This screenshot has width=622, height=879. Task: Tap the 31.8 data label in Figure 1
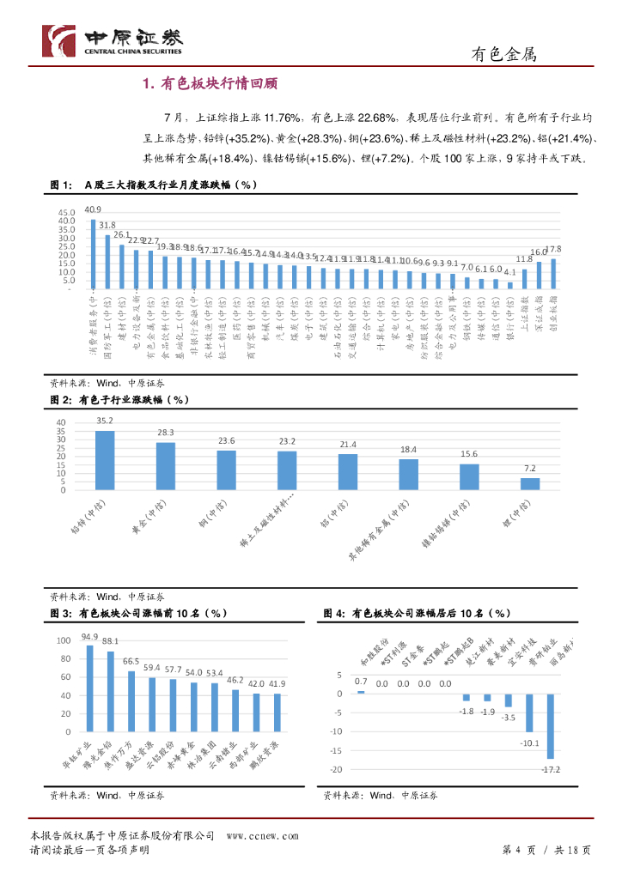[107, 226]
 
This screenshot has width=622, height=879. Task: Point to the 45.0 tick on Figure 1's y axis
[66, 212]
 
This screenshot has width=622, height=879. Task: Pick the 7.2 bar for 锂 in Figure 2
[530, 484]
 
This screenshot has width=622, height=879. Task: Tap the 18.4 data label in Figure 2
[408, 450]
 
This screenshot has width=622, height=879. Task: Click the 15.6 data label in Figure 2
[469, 454]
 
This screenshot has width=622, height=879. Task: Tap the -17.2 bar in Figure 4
[550, 726]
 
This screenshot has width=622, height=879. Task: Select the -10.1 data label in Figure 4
[527, 743]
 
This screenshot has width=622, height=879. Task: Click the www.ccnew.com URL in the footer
[262, 835]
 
